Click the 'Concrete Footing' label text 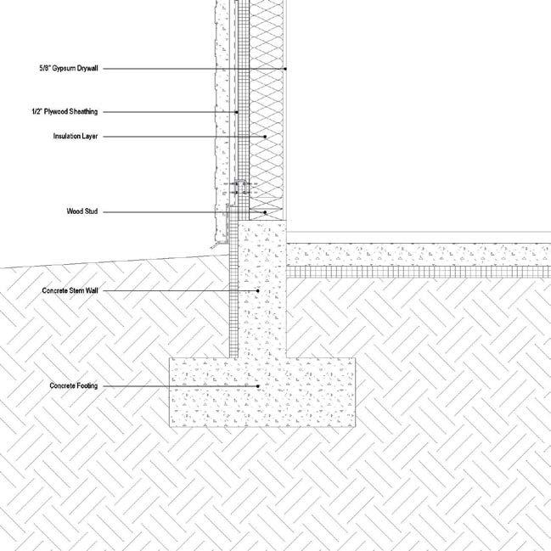[75, 386]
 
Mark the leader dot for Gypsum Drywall [286, 69]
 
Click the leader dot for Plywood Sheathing [237, 112]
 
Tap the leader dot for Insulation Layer [265, 136]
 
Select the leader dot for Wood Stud [265, 211]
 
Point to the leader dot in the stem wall [258, 290]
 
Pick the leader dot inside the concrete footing [258, 386]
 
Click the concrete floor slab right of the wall [416, 254]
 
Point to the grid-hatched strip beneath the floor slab [416, 274]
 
